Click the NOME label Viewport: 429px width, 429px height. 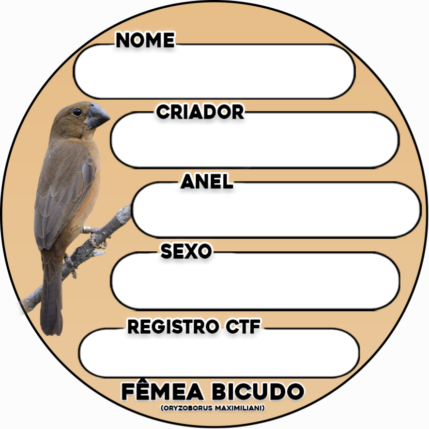tap(145, 40)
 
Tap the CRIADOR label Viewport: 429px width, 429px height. tap(200, 112)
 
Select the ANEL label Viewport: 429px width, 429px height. tap(207, 182)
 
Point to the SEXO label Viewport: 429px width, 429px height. tap(186, 251)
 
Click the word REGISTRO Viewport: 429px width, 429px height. tap(172, 327)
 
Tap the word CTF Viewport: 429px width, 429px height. tap(243, 327)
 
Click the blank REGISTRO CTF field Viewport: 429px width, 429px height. tap(219, 353)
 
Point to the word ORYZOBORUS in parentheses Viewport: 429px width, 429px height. tap(187, 408)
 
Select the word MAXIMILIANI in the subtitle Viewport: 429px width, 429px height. tap(239, 408)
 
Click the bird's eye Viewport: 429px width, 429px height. tap(77, 112)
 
